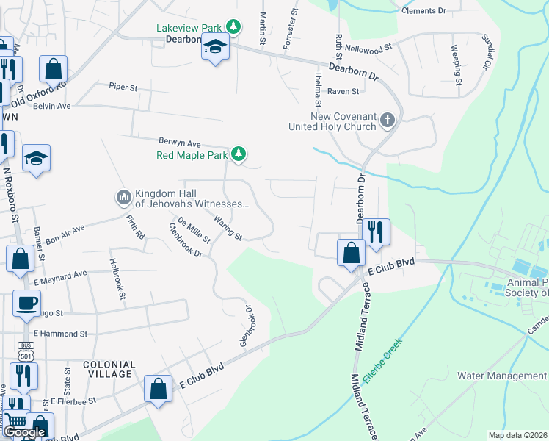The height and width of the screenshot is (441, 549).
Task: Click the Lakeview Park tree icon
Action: point(233,27)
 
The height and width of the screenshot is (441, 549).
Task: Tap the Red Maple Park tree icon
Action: point(238,154)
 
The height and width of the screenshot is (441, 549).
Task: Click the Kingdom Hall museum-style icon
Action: point(123,198)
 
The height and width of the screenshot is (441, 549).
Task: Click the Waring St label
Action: point(228,227)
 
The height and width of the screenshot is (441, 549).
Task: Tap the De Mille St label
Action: point(194,229)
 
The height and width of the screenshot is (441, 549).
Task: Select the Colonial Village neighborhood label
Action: point(109,369)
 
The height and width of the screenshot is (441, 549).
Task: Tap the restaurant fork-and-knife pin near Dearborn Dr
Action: point(376,231)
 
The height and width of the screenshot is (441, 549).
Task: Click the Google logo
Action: point(24,432)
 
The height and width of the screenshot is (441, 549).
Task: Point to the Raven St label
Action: point(343,92)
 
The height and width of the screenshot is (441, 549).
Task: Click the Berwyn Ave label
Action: point(180,143)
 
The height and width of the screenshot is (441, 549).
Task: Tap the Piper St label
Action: point(123,87)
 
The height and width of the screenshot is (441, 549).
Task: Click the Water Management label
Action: point(502,376)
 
